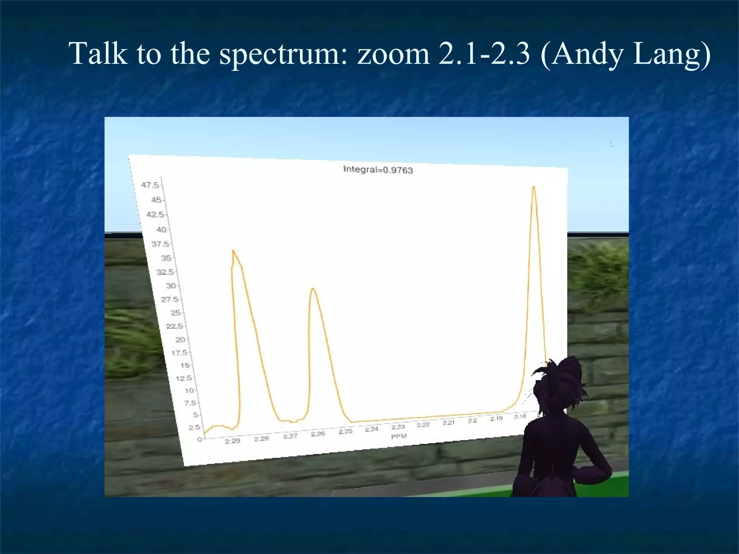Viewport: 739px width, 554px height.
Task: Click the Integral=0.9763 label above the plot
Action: click(x=378, y=170)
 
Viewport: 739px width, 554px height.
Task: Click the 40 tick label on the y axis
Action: click(x=161, y=229)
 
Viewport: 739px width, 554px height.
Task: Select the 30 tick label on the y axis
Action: click(x=171, y=286)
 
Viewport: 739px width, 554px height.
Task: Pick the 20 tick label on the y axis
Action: click(x=180, y=339)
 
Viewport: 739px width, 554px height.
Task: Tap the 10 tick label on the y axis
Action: click(x=189, y=390)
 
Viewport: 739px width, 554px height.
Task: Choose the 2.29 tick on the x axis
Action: click(x=232, y=441)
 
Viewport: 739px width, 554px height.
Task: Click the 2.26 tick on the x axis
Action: click(x=318, y=434)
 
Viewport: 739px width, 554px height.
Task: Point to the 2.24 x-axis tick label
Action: click(x=372, y=429)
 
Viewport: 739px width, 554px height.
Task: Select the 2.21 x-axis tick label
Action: click(x=449, y=422)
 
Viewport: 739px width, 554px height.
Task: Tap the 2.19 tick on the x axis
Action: click(x=497, y=418)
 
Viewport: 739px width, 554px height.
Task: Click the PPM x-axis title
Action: click(x=399, y=436)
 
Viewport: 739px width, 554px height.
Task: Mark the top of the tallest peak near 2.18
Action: click(x=534, y=187)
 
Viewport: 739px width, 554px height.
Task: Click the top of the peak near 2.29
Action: click(x=233, y=250)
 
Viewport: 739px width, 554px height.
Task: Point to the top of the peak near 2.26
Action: click(x=313, y=289)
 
